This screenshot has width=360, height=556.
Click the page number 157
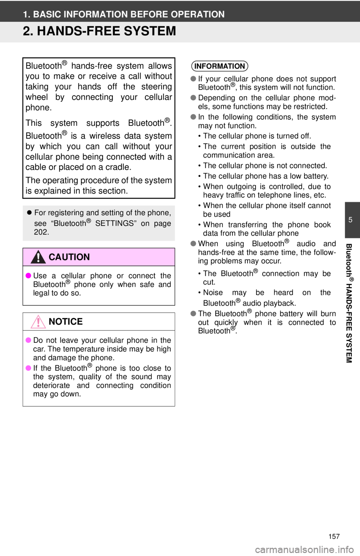tap(334, 537)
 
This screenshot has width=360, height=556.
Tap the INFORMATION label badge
tap(220, 66)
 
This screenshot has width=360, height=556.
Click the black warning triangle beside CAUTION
tap(38, 257)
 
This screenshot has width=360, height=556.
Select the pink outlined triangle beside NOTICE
tap(38, 322)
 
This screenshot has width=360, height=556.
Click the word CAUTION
tap(69, 257)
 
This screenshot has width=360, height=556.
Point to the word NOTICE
tap(66, 322)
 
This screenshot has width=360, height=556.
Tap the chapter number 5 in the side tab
tap(350, 220)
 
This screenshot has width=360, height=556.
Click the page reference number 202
tap(42, 232)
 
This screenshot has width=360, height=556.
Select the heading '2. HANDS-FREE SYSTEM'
tap(99, 31)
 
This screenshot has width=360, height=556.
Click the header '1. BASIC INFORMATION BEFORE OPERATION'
tap(124, 14)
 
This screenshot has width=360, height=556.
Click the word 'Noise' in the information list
tap(213, 293)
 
